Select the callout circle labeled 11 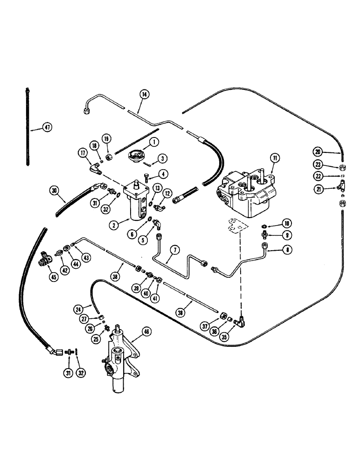pos(275,159)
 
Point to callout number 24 pos(78,308)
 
